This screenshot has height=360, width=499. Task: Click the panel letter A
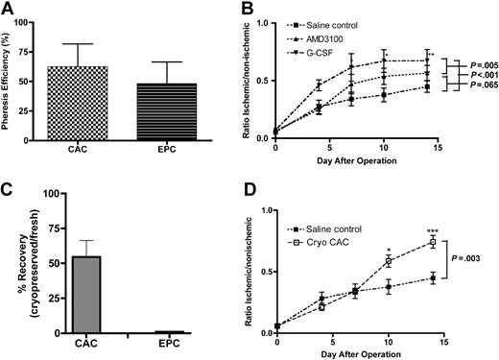[9, 9]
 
